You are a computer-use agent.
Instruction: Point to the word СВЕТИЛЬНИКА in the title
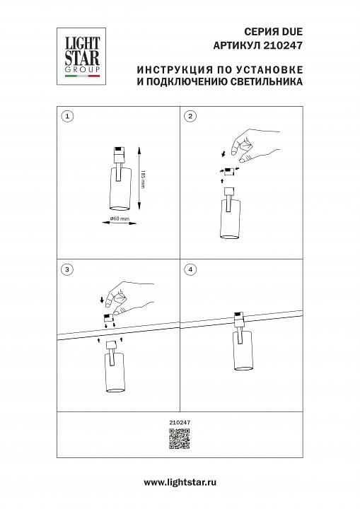266,82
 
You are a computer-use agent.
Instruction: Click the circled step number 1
67,115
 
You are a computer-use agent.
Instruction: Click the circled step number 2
190,115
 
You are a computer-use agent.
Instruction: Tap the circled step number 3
67,269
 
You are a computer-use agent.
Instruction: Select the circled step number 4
190,269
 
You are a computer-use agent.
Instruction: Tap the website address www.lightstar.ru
180,482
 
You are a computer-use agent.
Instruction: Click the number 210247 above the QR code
180,423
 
